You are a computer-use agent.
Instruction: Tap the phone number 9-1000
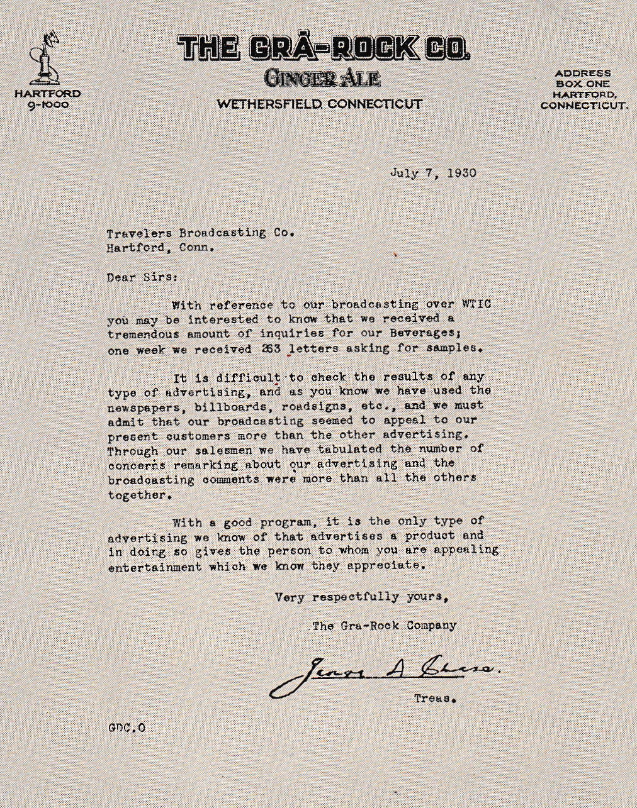click(48, 105)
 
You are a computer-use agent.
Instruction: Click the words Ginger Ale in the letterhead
click(322, 78)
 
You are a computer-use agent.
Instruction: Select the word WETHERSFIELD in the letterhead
click(270, 104)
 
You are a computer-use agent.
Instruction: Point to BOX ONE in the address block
click(583, 84)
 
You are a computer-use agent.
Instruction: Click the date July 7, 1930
click(432, 173)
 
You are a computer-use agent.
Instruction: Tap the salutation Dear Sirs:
click(142, 277)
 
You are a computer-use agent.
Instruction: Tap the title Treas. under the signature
click(434, 699)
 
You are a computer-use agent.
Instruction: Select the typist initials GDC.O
click(127, 728)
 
